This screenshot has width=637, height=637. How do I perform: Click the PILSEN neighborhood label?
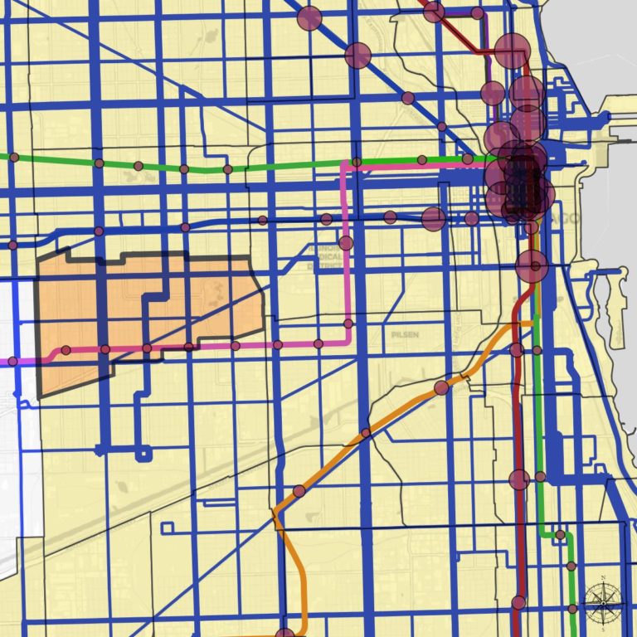pyautogui.click(x=407, y=335)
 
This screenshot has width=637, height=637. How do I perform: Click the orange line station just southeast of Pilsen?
pyautogui.click(x=441, y=387)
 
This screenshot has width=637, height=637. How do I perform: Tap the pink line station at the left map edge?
pyautogui.click(x=12, y=361)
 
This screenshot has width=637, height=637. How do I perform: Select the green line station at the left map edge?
pyautogui.click(x=13, y=157)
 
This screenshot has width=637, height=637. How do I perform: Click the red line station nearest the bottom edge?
pyautogui.click(x=518, y=602)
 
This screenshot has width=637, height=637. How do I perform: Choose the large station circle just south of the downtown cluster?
pyautogui.click(x=532, y=266)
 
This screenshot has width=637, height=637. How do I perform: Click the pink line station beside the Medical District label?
pyautogui.click(x=346, y=243)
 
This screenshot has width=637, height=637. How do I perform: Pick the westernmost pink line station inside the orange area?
pyautogui.click(x=66, y=350)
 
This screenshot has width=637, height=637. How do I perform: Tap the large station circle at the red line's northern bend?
pyautogui.click(x=513, y=51)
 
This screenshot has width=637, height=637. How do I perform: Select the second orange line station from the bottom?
pyautogui.click(x=299, y=491)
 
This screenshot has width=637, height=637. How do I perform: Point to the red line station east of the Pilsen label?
pyautogui.click(x=517, y=350)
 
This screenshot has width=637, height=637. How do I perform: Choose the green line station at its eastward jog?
pyautogui.click(x=561, y=535)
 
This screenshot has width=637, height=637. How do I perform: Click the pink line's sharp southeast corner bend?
pyautogui.click(x=348, y=342)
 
